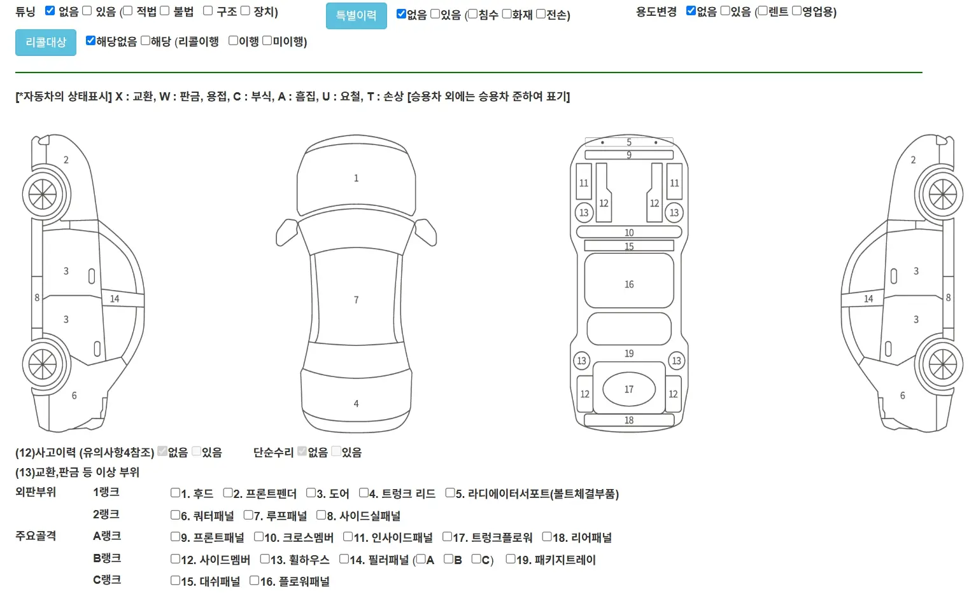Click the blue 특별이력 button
[356, 16]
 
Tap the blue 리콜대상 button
[46, 42]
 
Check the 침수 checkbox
[473, 14]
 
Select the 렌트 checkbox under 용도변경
[763, 11]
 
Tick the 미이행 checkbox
[267, 41]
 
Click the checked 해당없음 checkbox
[90, 41]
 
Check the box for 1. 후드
[175, 493]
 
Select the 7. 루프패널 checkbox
[248, 515]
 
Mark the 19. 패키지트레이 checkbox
[511, 559]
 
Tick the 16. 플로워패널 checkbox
[254, 580]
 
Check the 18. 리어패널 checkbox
[547, 537]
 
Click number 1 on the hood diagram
[356, 178]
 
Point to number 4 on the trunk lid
[356, 404]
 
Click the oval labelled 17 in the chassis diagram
[629, 389]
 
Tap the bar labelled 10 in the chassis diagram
[629, 232]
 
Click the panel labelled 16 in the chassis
[629, 280]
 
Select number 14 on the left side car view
[115, 299]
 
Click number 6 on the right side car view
[902, 396]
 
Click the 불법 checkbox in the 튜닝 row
[164, 10]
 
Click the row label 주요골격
[36, 535]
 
